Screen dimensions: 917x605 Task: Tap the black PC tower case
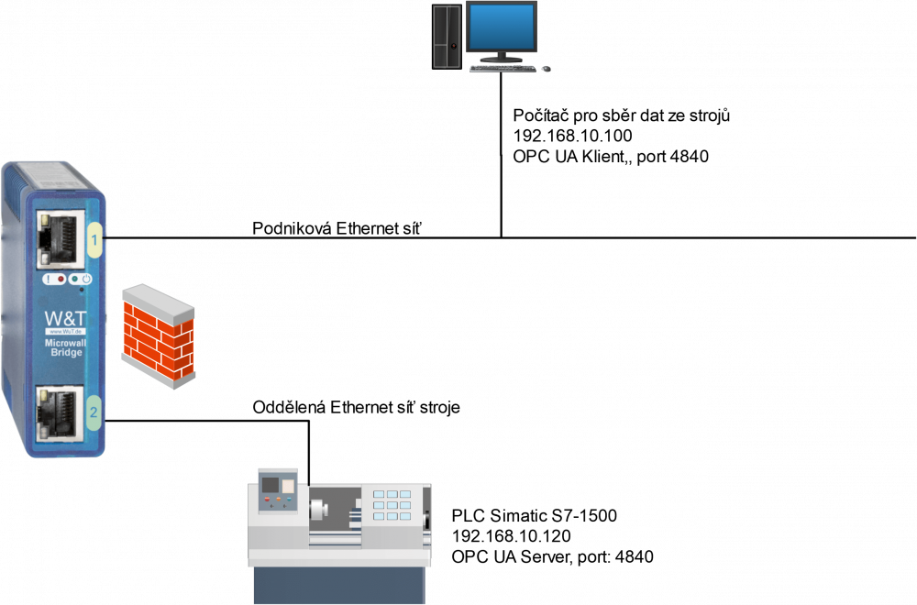coord(447,37)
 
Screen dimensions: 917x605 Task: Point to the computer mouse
coord(547,69)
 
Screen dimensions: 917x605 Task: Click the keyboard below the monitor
coord(503,69)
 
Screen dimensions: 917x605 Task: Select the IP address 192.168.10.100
coord(572,136)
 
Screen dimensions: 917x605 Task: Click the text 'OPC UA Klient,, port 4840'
coord(611,157)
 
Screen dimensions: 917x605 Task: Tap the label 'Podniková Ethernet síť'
coord(337,228)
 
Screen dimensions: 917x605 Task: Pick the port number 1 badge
coord(94,239)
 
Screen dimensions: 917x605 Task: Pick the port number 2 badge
coord(94,412)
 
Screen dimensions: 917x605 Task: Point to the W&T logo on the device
coord(65,319)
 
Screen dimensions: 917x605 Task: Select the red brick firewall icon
coord(158,336)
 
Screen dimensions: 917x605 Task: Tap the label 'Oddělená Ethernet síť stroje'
coord(356,407)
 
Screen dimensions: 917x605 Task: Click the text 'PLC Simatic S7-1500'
coord(534,515)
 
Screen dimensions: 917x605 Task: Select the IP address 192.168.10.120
coord(511,536)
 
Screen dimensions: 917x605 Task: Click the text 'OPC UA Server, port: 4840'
coord(552,556)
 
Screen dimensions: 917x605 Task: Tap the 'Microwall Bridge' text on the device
coord(65,347)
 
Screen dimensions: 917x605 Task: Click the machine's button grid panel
coord(392,505)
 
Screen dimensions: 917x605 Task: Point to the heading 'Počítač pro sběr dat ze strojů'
coord(621,115)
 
